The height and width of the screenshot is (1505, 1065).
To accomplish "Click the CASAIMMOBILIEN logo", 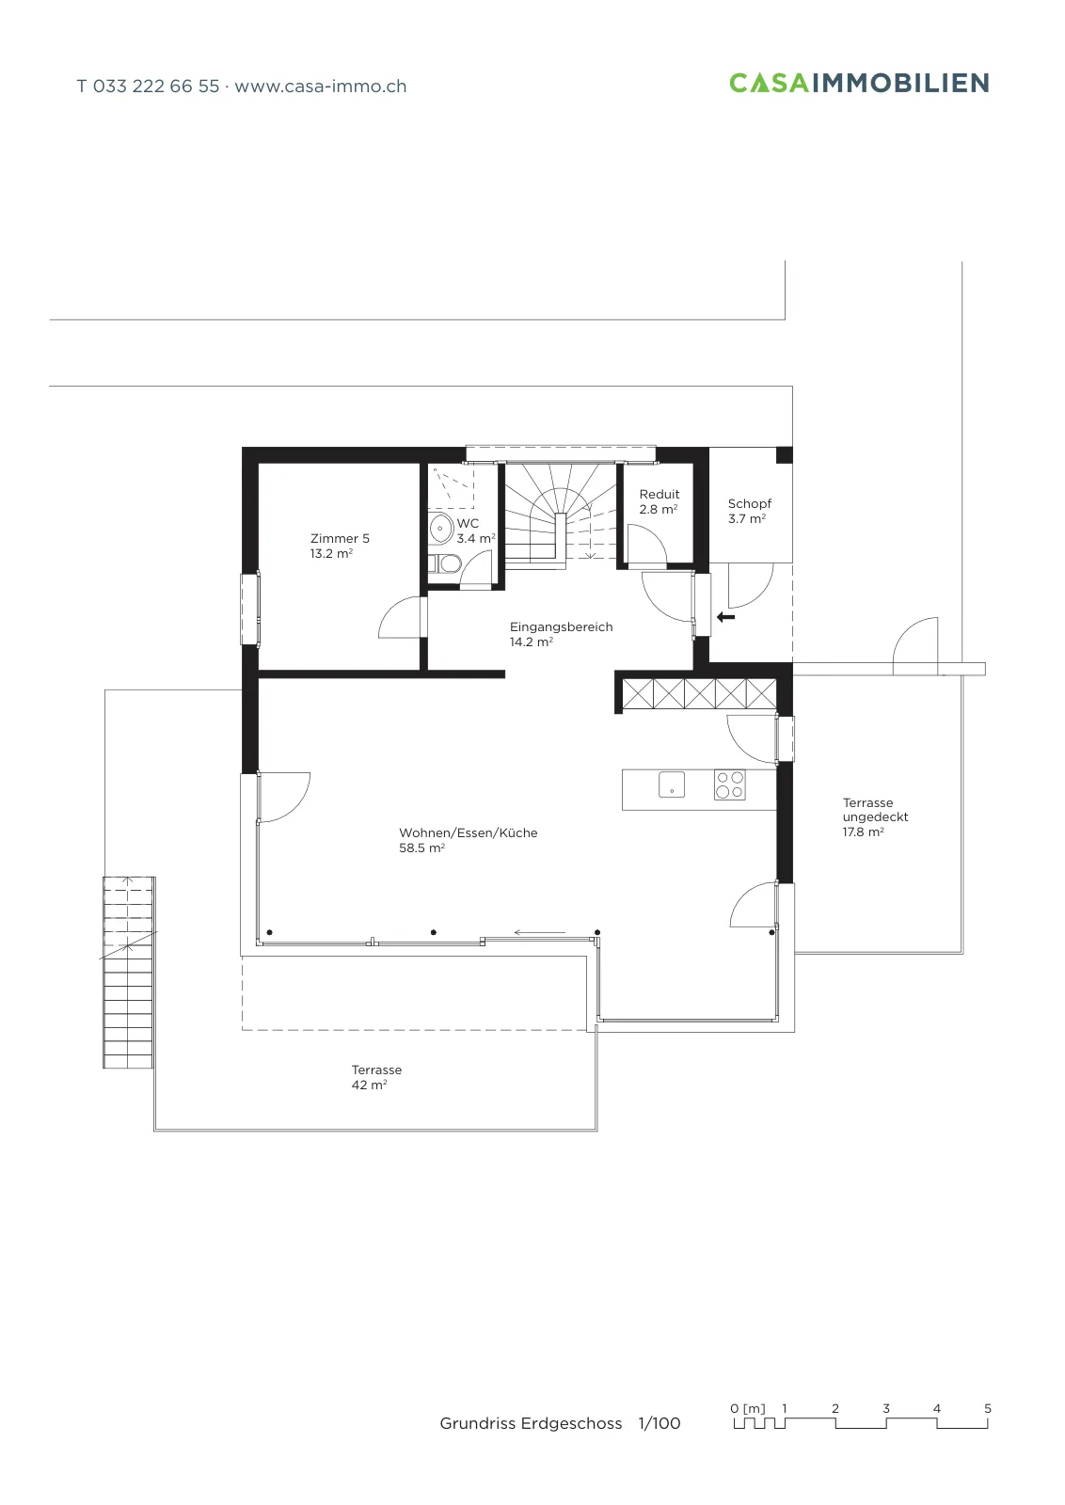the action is (x=859, y=83).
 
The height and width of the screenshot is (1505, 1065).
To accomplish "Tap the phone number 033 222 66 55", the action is (x=156, y=86).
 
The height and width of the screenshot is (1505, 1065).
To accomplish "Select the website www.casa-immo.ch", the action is (x=321, y=87).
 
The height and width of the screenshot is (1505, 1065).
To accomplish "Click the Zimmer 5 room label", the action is (x=340, y=538).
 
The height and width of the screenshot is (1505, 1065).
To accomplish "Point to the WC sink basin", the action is (x=441, y=528).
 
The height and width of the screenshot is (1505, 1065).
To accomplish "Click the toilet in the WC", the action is (x=446, y=563).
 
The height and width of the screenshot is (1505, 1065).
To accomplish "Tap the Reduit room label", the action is (x=660, y=494).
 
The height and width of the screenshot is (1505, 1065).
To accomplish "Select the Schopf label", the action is (x=749, y=504).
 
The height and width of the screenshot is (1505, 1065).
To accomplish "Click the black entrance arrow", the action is (x=725, y=617).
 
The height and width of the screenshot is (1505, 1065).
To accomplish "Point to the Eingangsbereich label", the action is (x=561, y=626).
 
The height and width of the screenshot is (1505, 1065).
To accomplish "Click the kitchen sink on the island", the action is (x=671, y=784).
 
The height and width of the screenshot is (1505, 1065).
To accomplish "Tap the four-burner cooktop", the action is (x=730, y=784).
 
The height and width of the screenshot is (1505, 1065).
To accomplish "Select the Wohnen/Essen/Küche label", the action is (x=469, y=833).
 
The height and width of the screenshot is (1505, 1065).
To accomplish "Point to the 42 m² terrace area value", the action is (x=369, y=1085).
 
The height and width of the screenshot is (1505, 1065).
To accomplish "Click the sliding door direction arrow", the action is (x=539, y=932).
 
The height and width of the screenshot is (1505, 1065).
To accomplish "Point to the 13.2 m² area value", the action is (x=331, y=554).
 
